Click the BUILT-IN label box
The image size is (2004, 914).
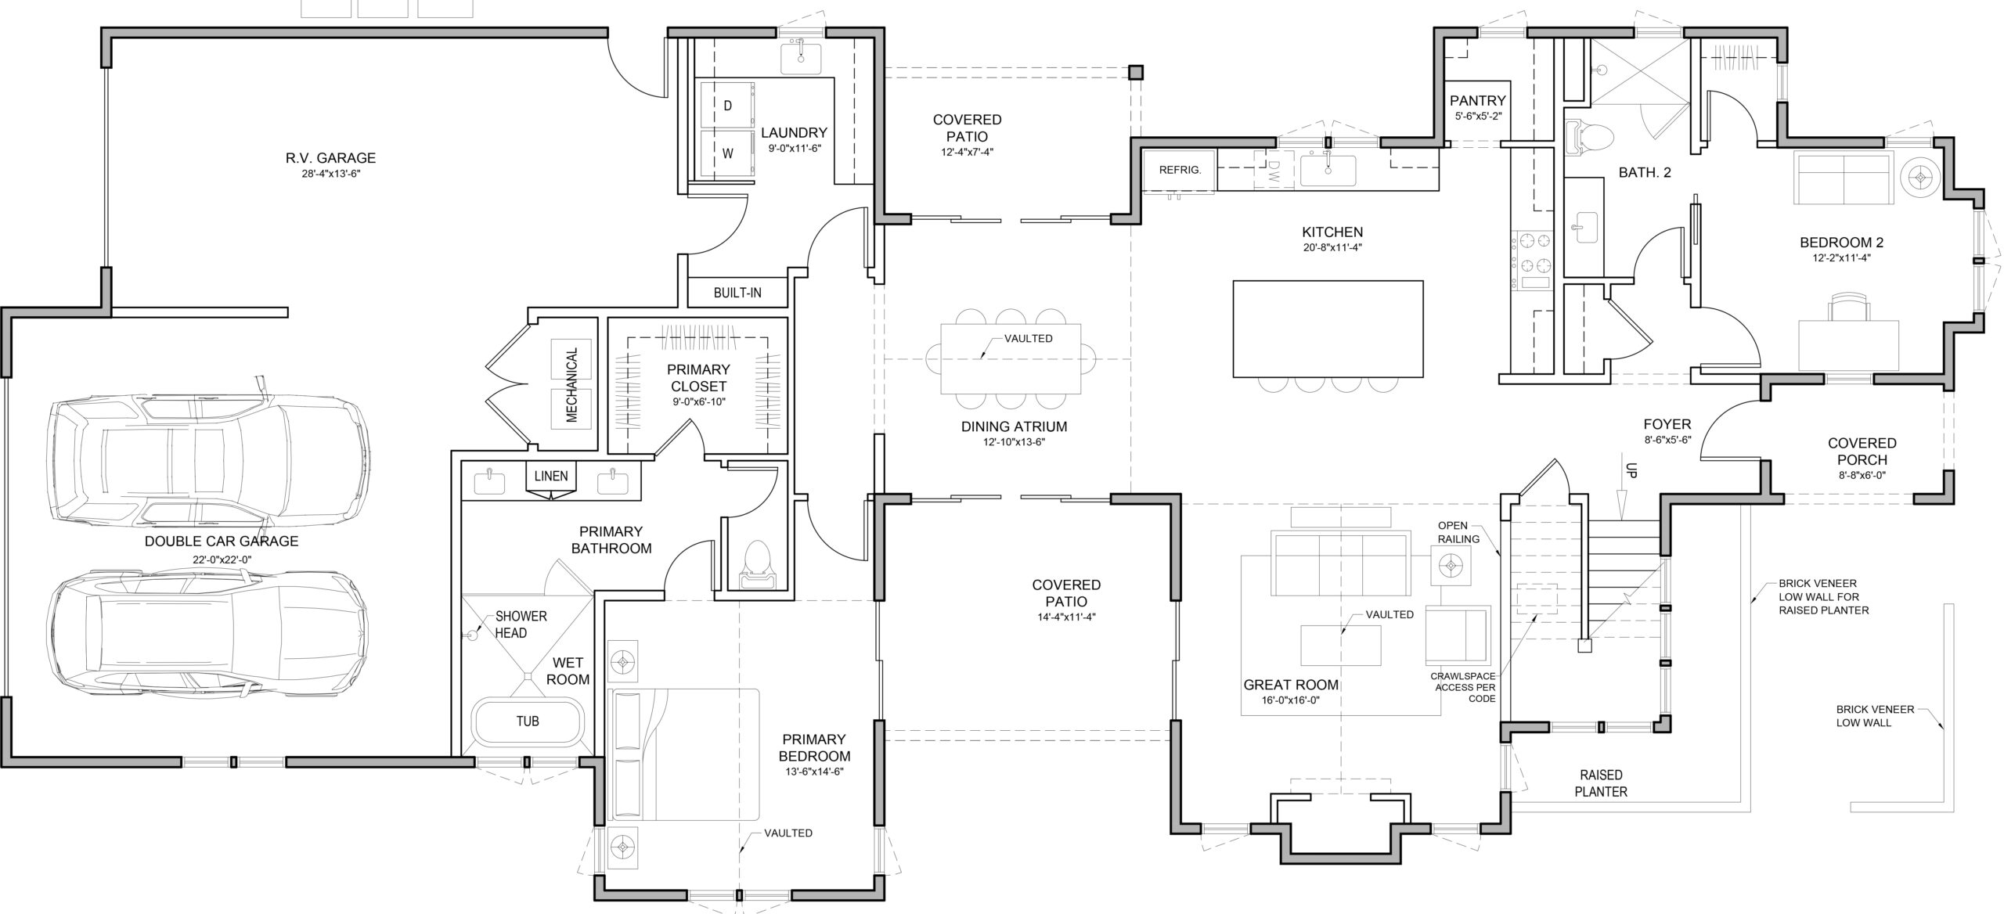coord(737,293)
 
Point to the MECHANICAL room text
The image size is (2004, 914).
coord(572,385)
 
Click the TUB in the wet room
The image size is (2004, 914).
coord(528,721)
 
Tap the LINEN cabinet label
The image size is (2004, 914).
coord(551,476)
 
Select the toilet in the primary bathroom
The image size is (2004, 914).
coord(756,563)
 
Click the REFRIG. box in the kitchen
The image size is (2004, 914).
coord(1180,170)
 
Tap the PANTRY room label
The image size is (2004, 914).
coord(1477,100)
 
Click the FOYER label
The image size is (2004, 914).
coord(1667,425)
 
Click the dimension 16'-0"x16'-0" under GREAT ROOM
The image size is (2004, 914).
coord(1291,700)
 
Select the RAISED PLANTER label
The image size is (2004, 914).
coord(1601,783)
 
